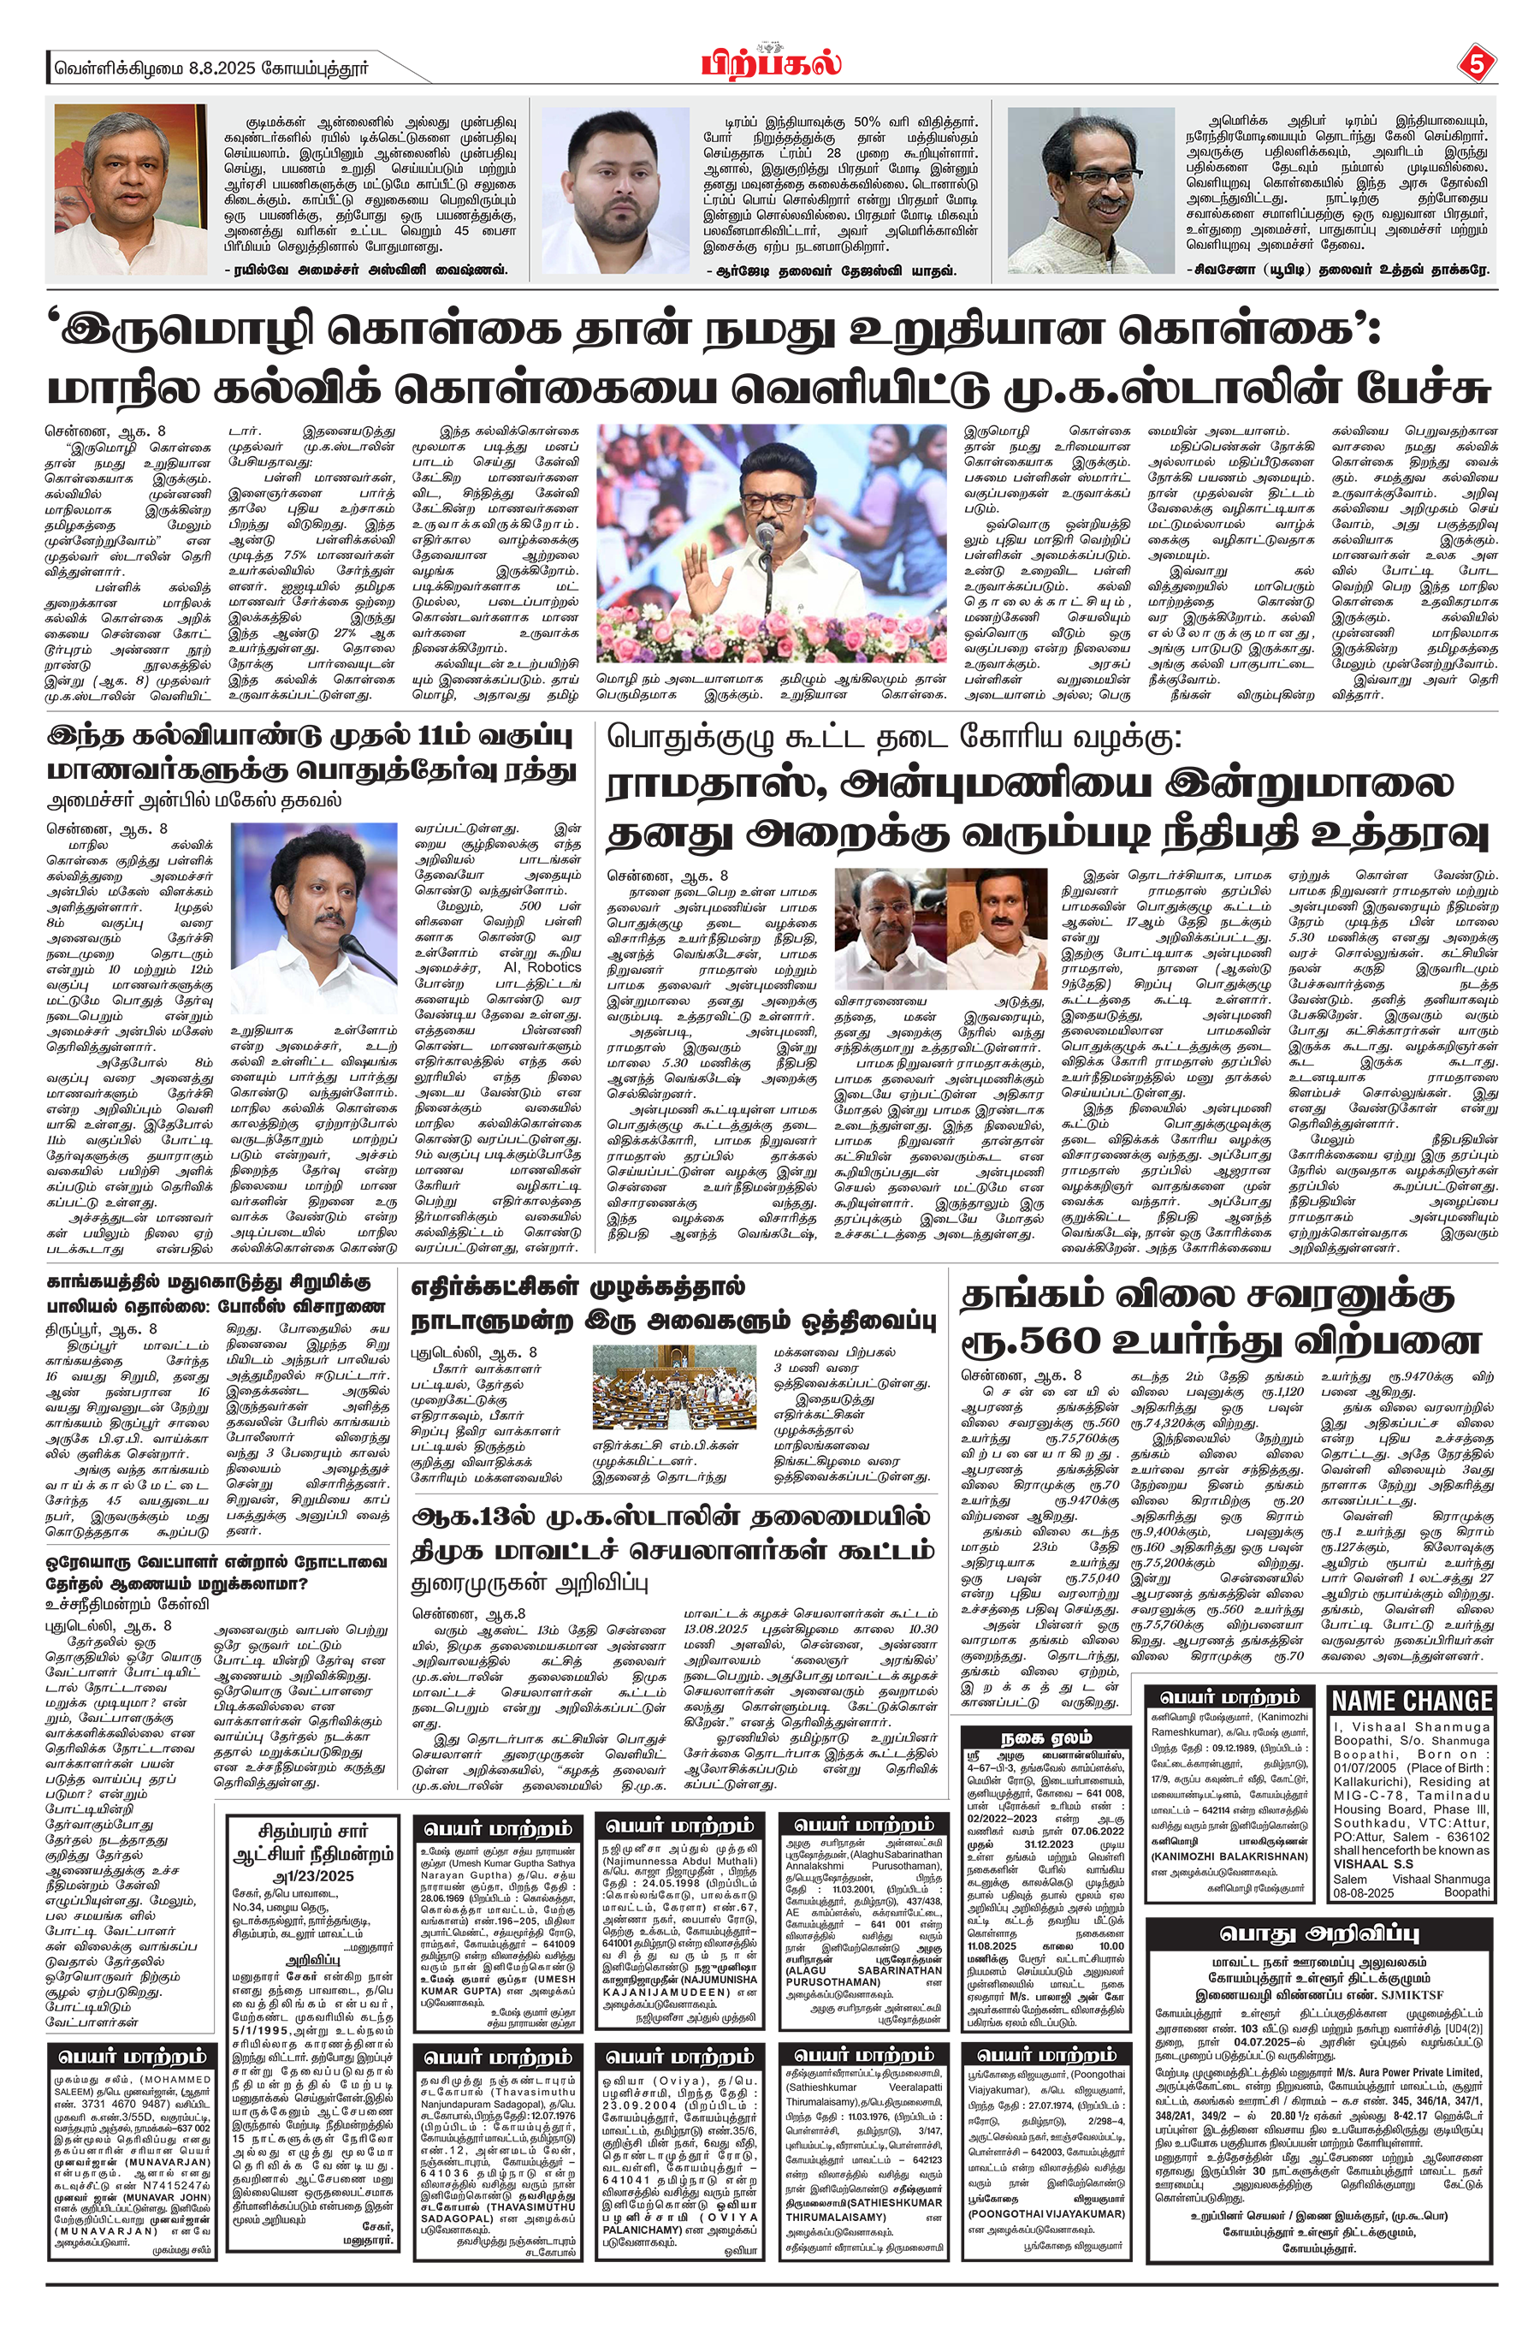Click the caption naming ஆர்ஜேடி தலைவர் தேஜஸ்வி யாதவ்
click(830, 270)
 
